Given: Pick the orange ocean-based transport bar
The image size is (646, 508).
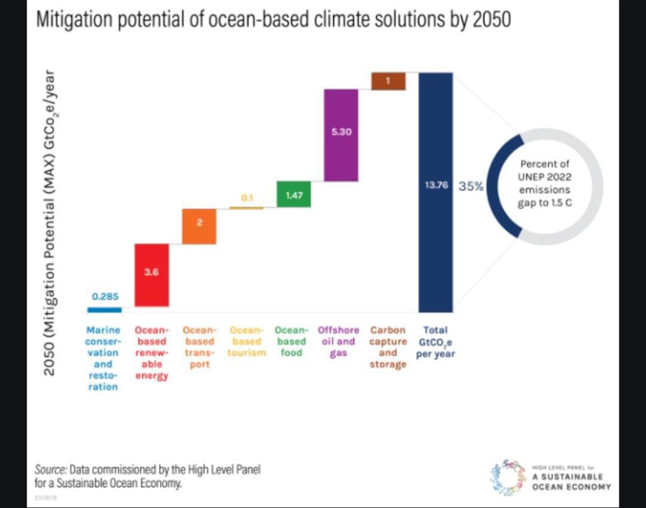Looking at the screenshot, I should click(199, 227).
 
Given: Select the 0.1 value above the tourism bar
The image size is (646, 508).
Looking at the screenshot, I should click(247, 198).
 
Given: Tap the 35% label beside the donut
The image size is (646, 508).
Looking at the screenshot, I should click(471, 187).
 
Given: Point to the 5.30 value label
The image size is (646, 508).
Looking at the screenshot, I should click(341, 133).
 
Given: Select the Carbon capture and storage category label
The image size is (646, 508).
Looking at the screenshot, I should click(389, 346).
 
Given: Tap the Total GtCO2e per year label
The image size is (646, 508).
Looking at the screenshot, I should click(435, 341).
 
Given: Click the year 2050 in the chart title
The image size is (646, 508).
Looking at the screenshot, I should click(490, 21).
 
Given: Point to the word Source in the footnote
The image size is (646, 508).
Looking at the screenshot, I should click(50, 470).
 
